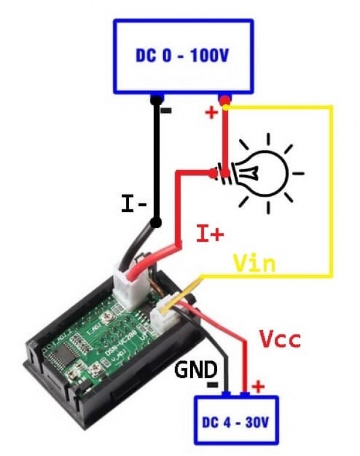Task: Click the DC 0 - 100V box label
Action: pyautogui.click(x=182, y=56)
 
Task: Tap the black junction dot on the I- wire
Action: pyautogui.click(x=157, y=223)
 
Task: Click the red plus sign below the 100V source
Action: pyautogui.click(x=212, y=113)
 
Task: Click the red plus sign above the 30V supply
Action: pyautogui.click(x=258, y=386)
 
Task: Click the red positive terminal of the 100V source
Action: pyautogui.click(x=224, y=98)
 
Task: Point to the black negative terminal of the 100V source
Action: pyautogui.click(x=157, y=98)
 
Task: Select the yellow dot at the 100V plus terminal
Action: pyautogui.click(x=226, y=107)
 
